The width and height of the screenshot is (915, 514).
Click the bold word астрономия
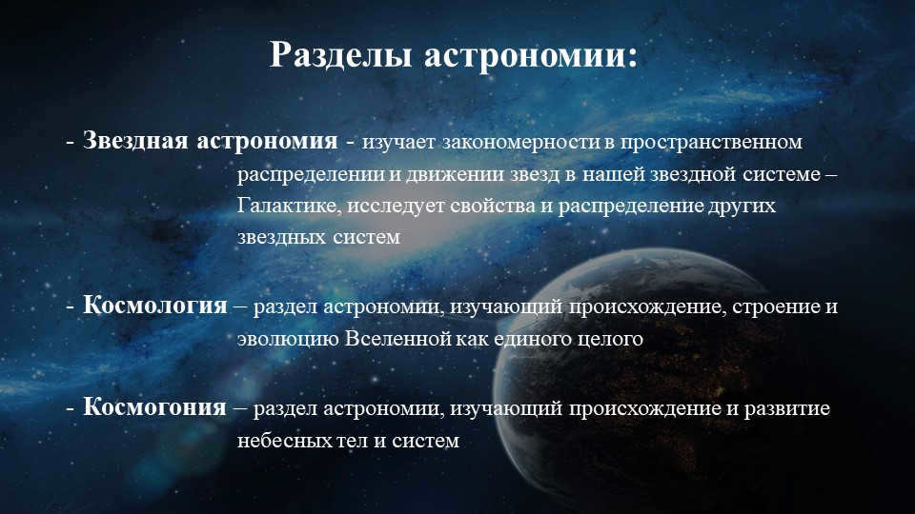point(267,141)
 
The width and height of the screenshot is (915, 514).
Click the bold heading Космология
point(155,306)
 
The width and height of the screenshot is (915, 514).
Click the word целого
point(612,339)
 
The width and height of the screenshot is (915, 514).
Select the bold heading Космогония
point(154,408)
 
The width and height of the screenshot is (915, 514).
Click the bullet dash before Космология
point(70,306)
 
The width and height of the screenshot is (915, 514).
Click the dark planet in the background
point(724,381)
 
